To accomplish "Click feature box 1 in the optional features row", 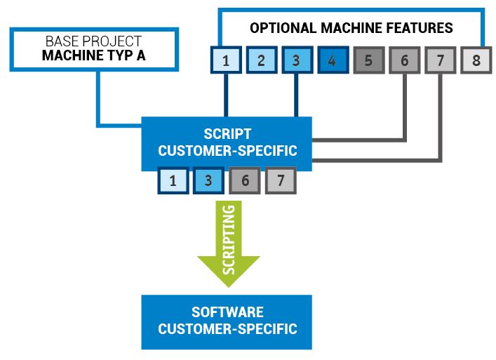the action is pyautogui.click(x=226, y=60).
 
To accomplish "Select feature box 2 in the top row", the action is pyautogui.click(x=262, y=60).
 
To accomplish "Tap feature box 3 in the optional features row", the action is pyautogui.click(x=297, y=60).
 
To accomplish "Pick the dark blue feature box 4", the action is pyautogui.click(x=333, y=60).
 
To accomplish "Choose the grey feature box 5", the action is pyautogui.click(x=369, y=60).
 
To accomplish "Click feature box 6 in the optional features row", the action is pyautogui.click(x=405, y=60).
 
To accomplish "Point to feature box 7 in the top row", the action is pyautogui.click(x=441, y=60).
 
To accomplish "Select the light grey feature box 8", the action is pyautogui.click(x=476, y=60).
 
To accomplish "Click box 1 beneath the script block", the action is pyautogui.click(x=173, y=180).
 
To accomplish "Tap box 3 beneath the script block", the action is pyautogui.click(x=209, y=180).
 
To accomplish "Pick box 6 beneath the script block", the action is pyautogui.click(x=245, y=180).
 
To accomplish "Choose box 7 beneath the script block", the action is pyautogui.click(x=281, y=180).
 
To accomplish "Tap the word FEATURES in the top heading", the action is pyautogui.click(x=420, y=28).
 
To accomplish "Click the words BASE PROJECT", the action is pyautogui.click(x=93, y=41).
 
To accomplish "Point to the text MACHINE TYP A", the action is pyautogui.click(x=93, y=55).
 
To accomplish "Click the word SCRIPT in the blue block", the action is pyautogui.click(x=227, y=134).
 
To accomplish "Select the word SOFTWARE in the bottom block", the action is pyautogui.click(x=227, y=312).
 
